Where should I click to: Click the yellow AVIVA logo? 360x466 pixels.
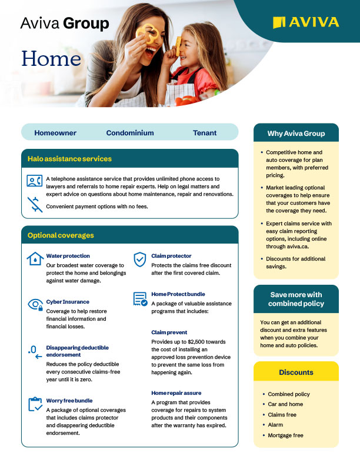[306, 22]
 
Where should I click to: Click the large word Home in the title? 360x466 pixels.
[51, 58]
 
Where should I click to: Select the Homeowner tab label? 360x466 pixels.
[55, 133]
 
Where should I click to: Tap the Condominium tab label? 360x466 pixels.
[130, 133]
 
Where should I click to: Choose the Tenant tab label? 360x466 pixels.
[205, 133]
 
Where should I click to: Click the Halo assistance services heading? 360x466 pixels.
[69, 159]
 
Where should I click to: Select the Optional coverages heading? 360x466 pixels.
[61, 235]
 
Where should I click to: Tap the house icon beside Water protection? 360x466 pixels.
[35, 259]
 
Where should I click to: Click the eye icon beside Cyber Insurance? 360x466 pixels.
[35, 304]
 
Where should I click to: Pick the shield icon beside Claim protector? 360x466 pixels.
[139, 259]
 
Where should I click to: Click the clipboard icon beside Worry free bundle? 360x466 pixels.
[35, 404]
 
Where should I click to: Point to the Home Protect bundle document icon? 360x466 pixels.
[140, 298]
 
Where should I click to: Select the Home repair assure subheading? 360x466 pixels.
[175, 392]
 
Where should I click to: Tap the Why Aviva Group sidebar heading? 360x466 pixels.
[296, 134]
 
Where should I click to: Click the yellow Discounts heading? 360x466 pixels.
[296, 372]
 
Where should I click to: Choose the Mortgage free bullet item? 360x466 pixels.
[285, 435]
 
